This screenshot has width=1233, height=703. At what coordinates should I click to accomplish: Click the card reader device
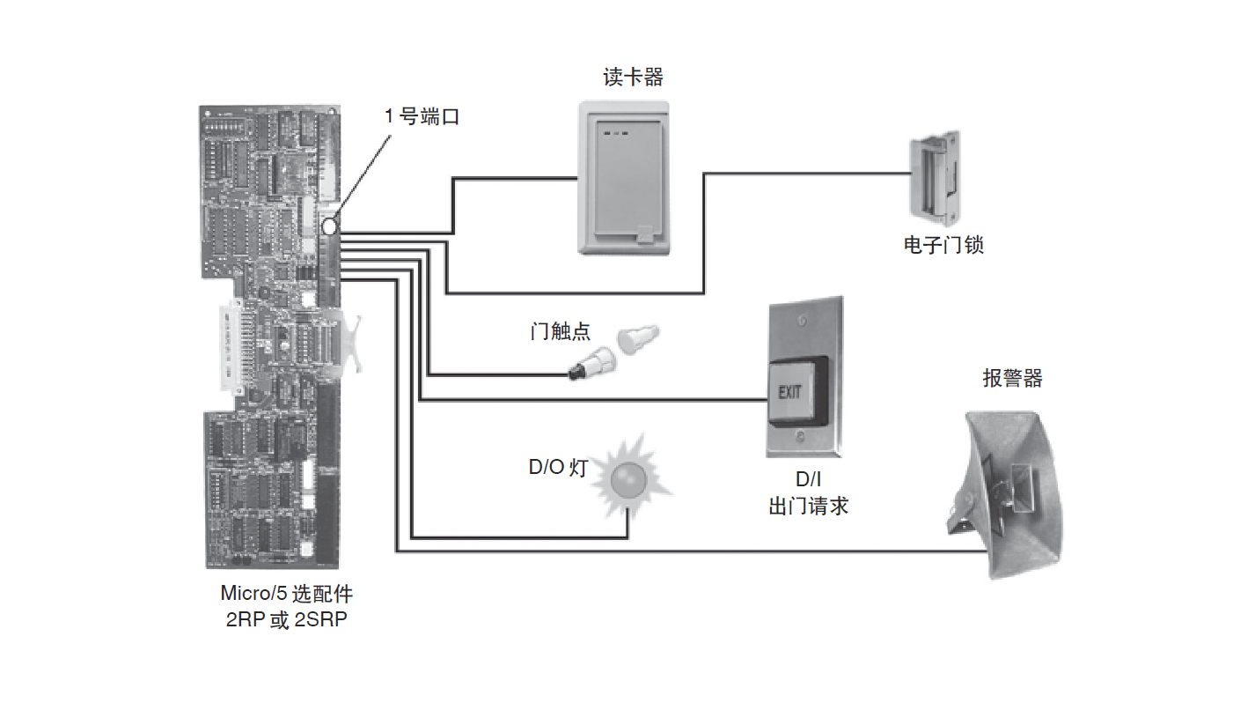[x=625, y=178]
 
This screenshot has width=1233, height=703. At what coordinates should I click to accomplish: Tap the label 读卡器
[x=633, y=78]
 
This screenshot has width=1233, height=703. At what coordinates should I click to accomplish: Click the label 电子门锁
[x=943, y=245]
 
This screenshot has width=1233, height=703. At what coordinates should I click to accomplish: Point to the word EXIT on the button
[x=789, y=391]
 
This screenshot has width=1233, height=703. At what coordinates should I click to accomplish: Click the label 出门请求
[x=808, y=507]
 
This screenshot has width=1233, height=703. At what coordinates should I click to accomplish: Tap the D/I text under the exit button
[x=807, y=481]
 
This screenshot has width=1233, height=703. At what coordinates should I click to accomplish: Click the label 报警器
[x=1012, y=379]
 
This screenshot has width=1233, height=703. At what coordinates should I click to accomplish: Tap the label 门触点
[x=561, y=331]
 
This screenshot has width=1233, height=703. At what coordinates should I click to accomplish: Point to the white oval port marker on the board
[x=329, y=226]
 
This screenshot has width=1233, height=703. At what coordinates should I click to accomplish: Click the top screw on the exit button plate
[x=800, y=322]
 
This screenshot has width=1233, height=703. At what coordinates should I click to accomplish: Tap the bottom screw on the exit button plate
[x=800, y=436]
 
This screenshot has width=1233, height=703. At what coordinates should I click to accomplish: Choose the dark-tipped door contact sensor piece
[x=588, y=364]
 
